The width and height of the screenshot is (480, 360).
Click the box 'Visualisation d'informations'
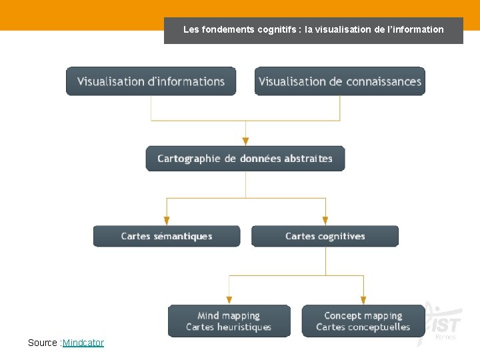click(x=151, y=81)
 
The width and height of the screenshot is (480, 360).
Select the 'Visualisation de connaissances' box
click(x=340, y=81)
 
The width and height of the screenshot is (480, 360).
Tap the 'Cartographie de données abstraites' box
click(x=245, y=159)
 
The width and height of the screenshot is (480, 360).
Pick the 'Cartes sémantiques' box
click(x=167, y=236)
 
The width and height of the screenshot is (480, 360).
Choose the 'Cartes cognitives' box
click(x=325, y=236)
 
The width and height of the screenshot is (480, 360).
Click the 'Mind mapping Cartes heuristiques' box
click(x=229, y=321)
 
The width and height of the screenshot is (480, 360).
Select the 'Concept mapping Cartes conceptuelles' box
click(x=363, y=321)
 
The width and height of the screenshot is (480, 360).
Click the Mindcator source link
click(x=83, y=343)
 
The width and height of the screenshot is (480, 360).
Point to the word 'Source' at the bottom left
click(x=43, y=343)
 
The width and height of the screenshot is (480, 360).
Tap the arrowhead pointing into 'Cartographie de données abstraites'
click(x=245, y=141)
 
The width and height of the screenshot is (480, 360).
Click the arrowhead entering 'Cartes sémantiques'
click(x=167, y=221)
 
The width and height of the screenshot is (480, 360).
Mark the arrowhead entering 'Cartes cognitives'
click(x=325, y=221)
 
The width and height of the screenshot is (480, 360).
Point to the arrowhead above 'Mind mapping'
click(x=229, y=300)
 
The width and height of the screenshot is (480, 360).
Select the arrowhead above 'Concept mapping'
click(x=363, y=300)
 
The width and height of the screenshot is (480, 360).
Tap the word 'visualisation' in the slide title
click(x=342, y=29)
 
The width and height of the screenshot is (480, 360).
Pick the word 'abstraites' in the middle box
click(x=308, y=159)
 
